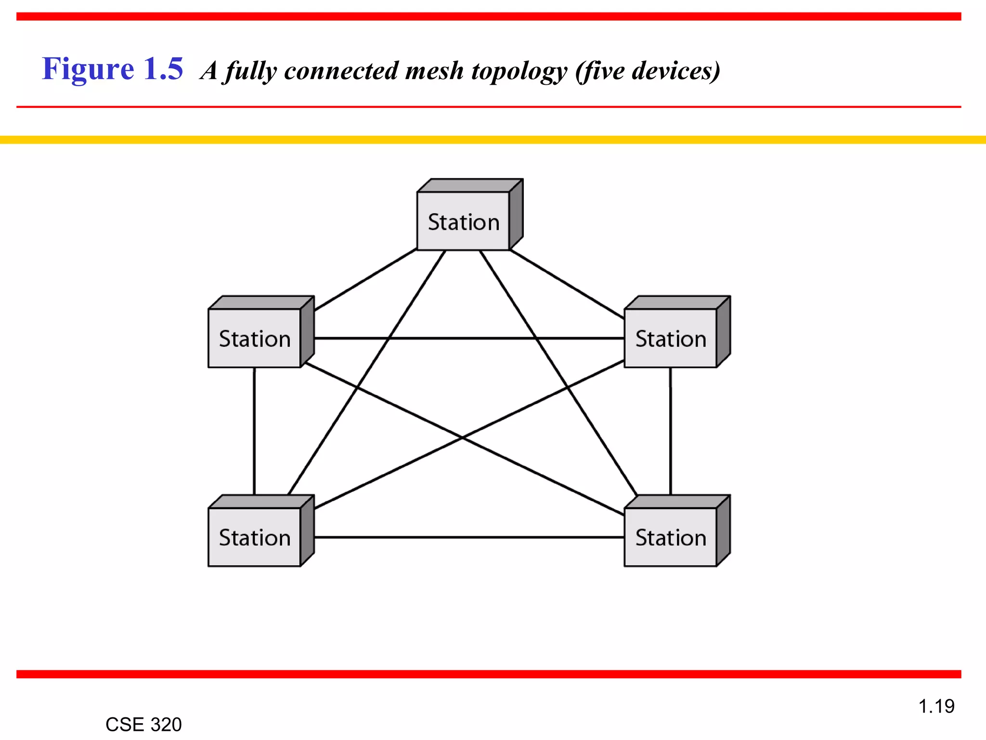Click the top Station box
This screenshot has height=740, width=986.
pyautogui.click(x=463, y=221)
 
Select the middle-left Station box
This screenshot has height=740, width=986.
pyautogui.click(x=254, y=338)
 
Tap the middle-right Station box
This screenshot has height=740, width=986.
pyautogui.click(x=670, y=338)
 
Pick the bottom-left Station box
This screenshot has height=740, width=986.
pyautogui.click(x=254, y=537)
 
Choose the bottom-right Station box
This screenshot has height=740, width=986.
pyautogui.click(x=670, y=537)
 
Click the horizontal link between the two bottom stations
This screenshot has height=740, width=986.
pyautogui.click(x=469, y=537)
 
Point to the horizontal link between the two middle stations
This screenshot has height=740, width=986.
pyautogui.click(x=462, y=338)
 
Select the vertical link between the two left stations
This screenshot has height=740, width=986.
pyautogui.click(x=254, y=431)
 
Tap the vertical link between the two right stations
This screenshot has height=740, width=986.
pyautogui.click(x=670, y=431)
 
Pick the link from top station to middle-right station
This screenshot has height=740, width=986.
pyautogui.click(x=567, y=284)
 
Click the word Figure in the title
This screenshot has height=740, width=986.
pyautogui.click(x=88, y=69)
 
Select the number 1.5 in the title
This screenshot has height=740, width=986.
pyautogui.click(x=163, y=69)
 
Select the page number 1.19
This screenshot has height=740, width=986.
pyautogui.click(x=936, y=706)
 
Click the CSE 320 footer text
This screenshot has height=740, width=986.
pyautogui.click(x=143, y=725)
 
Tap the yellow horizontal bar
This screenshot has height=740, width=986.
pyautogui.click(x=493, y=140)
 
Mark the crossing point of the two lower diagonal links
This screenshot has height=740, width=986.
pyautogui.click(x=462, y=437)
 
